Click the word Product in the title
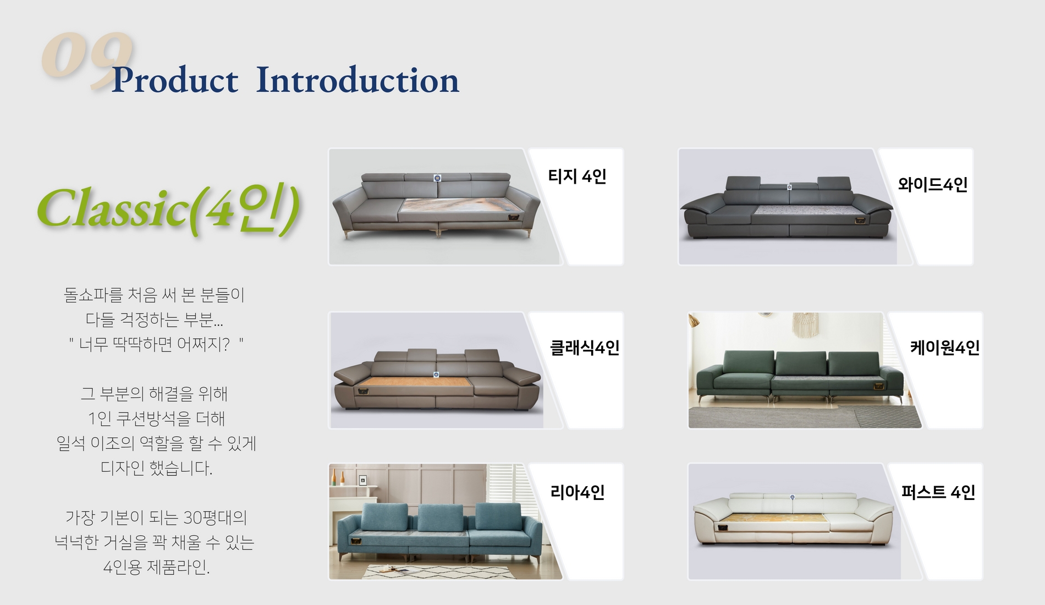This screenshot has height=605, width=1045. click(x=175, y=80)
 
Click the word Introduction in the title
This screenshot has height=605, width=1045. click(x=358, y=80)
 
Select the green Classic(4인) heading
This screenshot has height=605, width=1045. click(x=168, y=209)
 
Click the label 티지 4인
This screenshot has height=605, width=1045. click(x=577, y=176)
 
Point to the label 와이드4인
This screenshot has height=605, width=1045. click(x=933, y=184)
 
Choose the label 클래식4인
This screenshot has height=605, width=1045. click(x=585, y=348)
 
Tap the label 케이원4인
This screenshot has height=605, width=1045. click(x=945, y=348)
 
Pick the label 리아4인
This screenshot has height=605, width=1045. click(x=577, y=492)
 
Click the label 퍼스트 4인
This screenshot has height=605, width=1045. click(x=938, y=492)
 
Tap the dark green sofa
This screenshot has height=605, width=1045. click(x=800, y=376)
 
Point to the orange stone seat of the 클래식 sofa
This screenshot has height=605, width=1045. click(x=415, y=384)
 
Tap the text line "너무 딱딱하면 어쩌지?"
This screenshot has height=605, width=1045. click(x=156, y=344)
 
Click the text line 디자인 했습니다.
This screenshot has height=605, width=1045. click(x=156, y=468)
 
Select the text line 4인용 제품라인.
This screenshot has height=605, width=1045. click(x=156, y=566)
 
